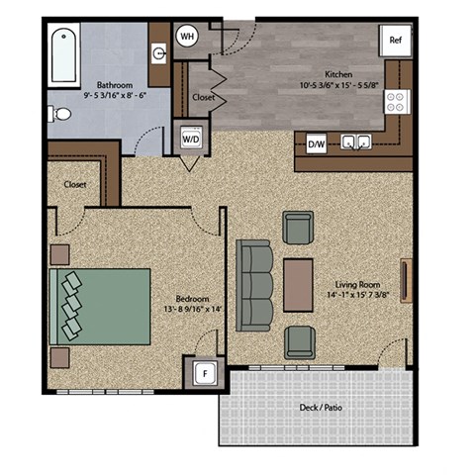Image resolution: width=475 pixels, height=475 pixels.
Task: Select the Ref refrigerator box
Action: [395, 41]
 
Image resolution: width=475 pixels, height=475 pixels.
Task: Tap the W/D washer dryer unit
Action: [190, 139]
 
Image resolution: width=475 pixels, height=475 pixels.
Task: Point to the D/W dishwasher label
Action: [317, 144]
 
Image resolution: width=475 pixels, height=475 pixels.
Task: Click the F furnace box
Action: [205, 374]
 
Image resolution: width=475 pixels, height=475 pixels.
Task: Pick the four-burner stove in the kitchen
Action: [397, 101]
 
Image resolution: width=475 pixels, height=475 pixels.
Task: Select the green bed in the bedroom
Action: [99, 306]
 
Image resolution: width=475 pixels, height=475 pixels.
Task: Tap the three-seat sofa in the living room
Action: [254, 287]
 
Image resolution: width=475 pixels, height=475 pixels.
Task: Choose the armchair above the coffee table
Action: [298, 228]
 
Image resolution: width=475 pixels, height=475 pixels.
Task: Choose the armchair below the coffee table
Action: [299, 342]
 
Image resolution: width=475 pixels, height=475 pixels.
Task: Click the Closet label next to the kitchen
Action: [204, 98]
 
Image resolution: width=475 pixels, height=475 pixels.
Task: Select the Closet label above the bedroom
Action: [74, 184]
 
